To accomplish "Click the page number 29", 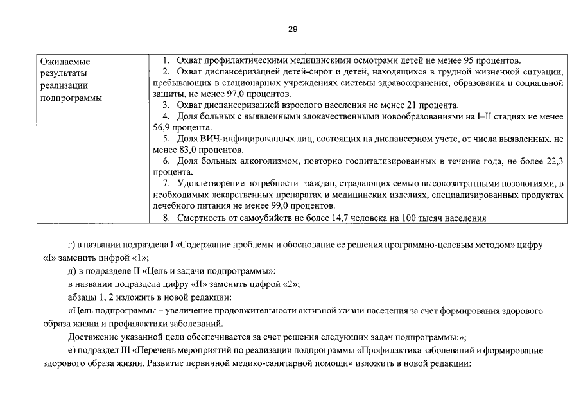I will pos(293,30).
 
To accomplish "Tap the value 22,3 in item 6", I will pos(553,161).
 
